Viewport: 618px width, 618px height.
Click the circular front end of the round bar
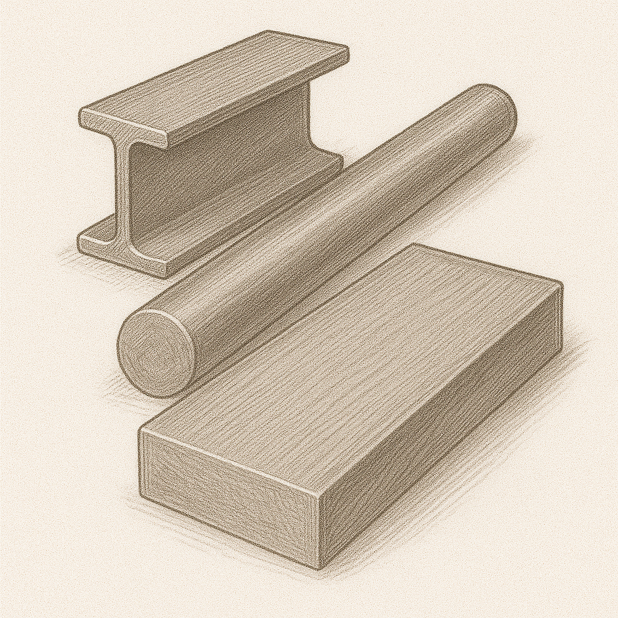pos(156,352)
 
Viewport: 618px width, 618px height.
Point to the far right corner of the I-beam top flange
pos(348,51)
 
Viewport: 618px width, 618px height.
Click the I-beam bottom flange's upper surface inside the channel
pos(241,208)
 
